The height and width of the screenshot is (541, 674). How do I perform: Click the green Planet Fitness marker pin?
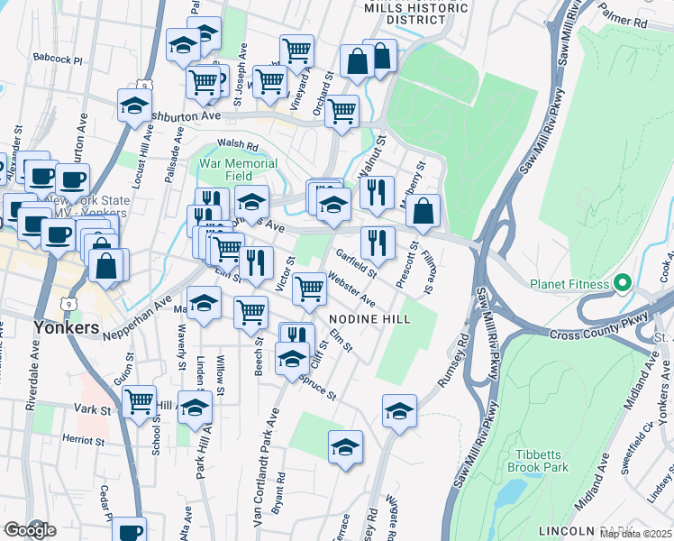[x=622, y=285]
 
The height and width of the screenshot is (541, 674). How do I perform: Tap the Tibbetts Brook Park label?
[x=542, y=461]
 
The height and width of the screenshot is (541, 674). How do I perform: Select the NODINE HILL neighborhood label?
[x=369, y=319]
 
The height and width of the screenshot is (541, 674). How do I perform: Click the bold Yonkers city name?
[x=65, y=327]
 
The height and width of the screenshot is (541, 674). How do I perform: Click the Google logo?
[x=30, y=530]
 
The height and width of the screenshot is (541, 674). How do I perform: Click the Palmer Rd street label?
[x=629, y=20]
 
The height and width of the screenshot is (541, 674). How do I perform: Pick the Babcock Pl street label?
[x=57, y=59]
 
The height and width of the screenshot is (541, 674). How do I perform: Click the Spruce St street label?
[x=318, y=389]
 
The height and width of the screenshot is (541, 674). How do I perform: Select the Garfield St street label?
[x=355, y=264]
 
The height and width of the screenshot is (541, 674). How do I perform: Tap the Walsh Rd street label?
[x=238, y=144]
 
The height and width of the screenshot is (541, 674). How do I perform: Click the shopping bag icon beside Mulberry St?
[x=424, y=212]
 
